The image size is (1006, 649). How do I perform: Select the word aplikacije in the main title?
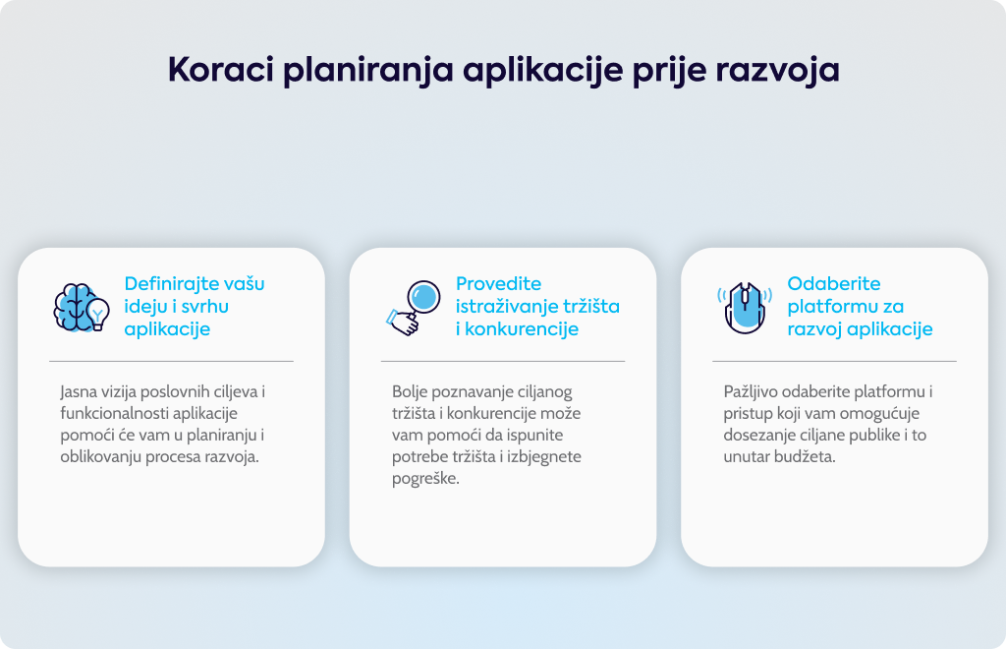point(542,71)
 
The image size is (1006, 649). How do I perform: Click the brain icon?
point(73,308)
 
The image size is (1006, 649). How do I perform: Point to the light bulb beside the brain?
point(98,314)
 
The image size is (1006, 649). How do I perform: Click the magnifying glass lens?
point(424,297)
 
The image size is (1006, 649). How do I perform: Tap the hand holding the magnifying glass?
point(403,323)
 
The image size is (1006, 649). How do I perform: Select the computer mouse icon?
point(745,308)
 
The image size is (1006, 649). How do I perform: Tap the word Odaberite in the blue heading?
point(834,284)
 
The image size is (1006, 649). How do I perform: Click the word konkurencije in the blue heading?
point(522,329)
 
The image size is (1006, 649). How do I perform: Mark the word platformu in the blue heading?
point(827,307)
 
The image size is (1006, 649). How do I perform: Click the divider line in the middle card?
point(503,362)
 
